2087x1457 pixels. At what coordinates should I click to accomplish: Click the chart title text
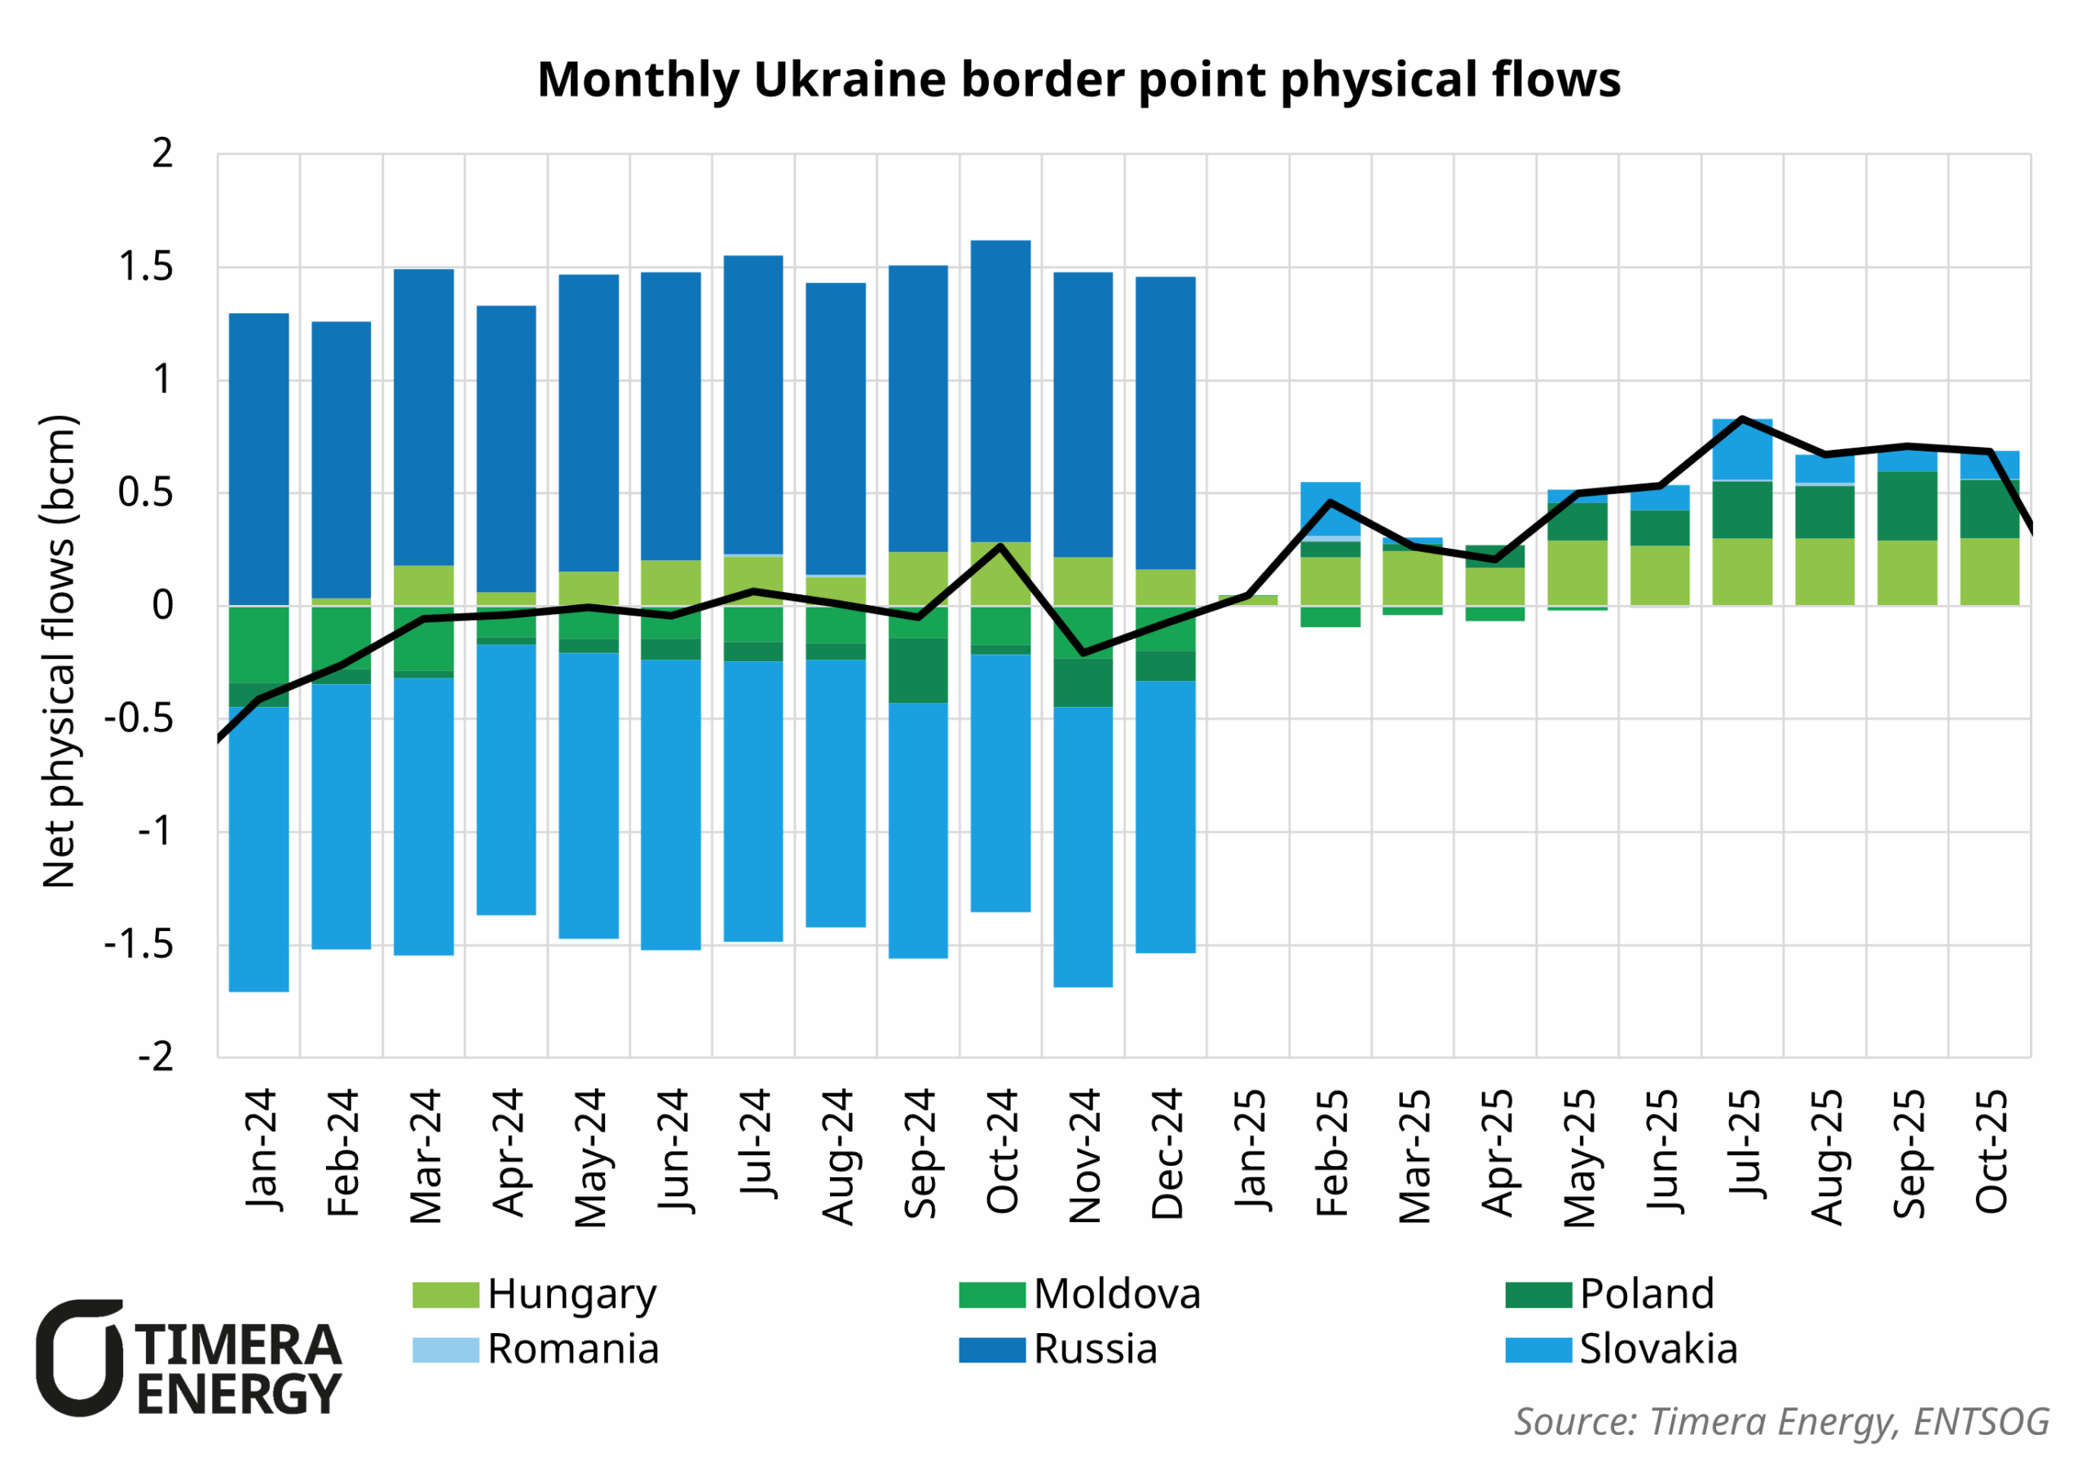click(1079, 80)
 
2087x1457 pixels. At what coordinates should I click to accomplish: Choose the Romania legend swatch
click(445, 1349)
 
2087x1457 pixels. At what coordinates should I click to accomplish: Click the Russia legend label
click(1096, 1349)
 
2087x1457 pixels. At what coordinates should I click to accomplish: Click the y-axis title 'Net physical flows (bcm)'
click(60, 651)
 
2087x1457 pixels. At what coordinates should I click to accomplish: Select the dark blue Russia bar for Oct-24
click(1001, 391)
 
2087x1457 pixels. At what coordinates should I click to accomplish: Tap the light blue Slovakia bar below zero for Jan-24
click(259, 849)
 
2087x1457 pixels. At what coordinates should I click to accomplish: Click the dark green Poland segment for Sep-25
click(1907, 506)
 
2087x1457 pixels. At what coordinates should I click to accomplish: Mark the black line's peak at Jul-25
click(1741, 419)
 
